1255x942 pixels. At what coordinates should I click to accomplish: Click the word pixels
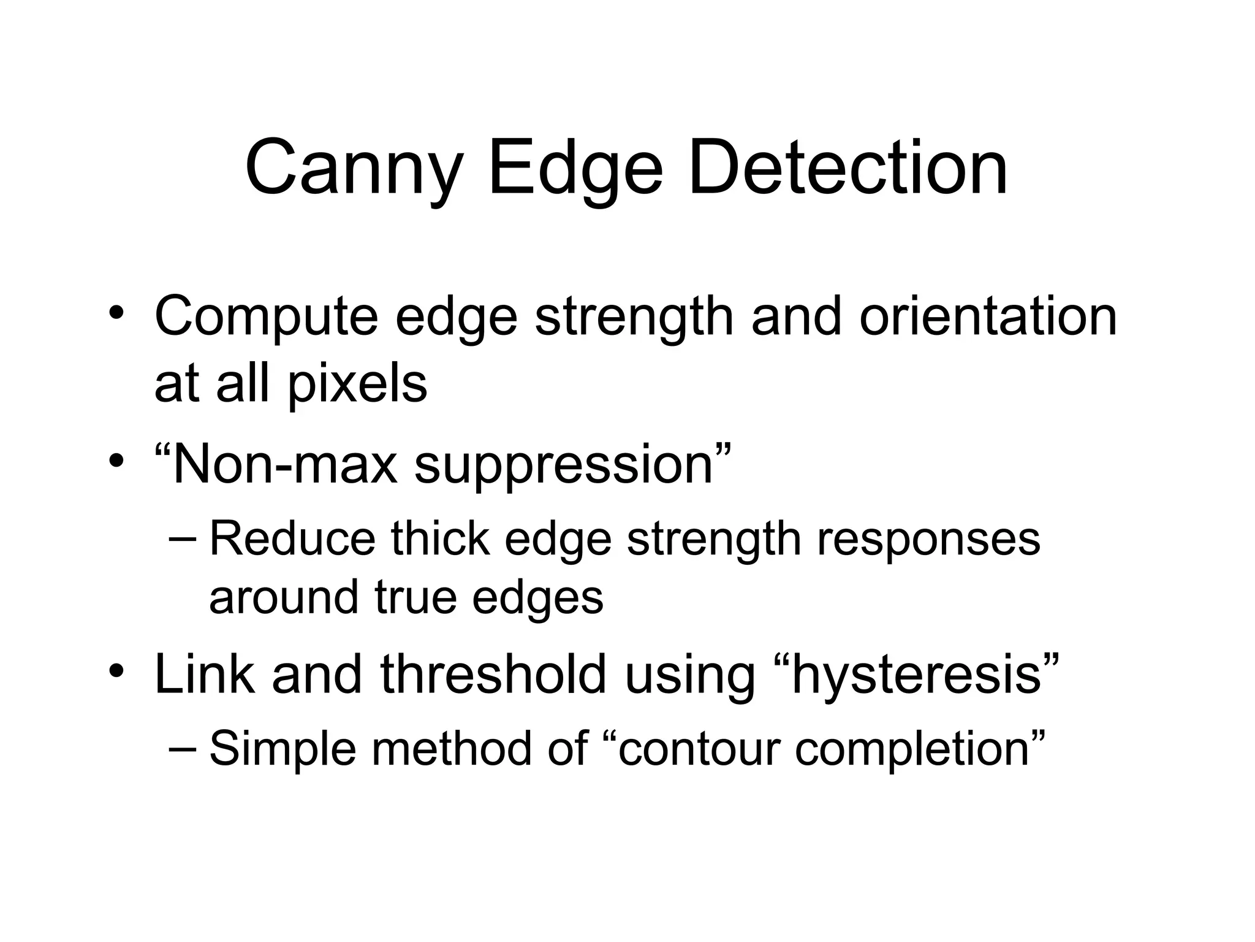(x=357, y=385)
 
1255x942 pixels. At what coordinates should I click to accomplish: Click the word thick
(x=440, y=539)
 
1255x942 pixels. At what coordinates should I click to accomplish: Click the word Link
(x=205, y=674)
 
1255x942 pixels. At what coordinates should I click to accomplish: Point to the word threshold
(x=493, y=674)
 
